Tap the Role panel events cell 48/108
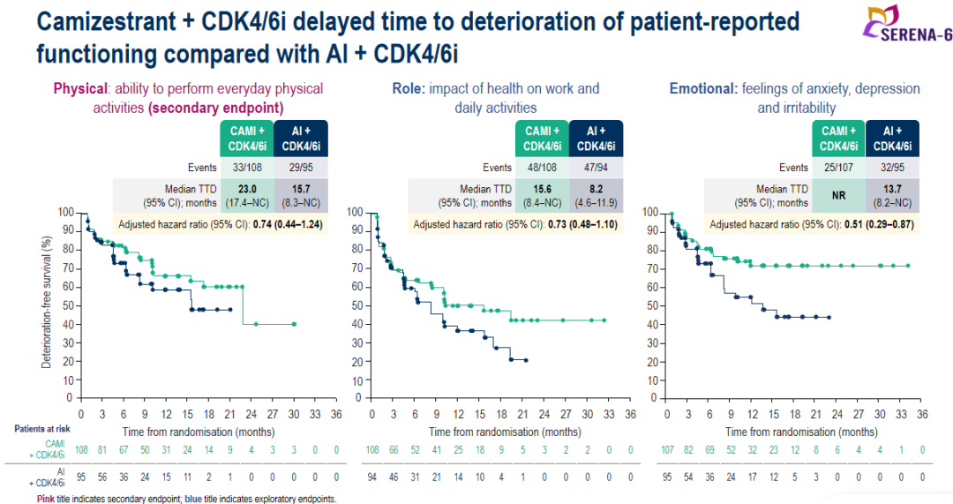(x=541, y=167)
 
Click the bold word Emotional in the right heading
(x=702, y=88)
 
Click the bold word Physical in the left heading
(x=80, y=88)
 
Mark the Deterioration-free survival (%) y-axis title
(x=44, y=304)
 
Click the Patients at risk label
(x=38, y=428)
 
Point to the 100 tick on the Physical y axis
(x=65, y=212)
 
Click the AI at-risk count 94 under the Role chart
(x=372, y=476)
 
